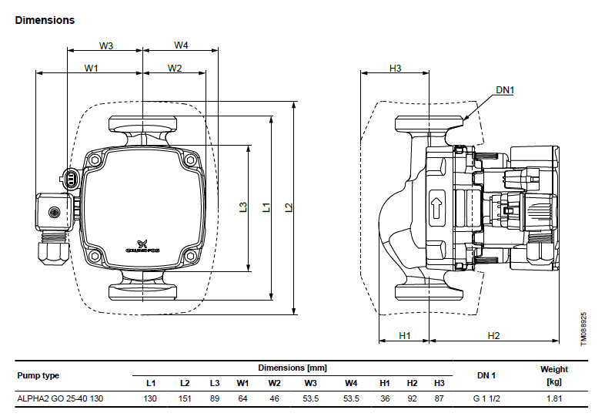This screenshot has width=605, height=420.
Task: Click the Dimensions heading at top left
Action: click(45, 20)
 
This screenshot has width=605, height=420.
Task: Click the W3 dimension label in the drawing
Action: click(106, 45)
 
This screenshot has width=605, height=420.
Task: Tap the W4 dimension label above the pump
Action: click(181, 45)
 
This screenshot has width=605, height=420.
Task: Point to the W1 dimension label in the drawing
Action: click(92, 69)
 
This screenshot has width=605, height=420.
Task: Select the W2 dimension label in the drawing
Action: click(175, 69)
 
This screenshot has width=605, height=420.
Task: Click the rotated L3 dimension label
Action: click(242, 207)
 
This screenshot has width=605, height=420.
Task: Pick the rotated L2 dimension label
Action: click(289, 207)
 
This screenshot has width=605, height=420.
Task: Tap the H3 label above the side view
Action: click(395, 69)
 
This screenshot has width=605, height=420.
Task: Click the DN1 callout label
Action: click(505, 90)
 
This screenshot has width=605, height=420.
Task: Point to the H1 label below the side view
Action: click(404, 336)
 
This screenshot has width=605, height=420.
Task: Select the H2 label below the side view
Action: click(493, 336)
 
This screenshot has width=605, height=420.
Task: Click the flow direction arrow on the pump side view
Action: click(436, 208)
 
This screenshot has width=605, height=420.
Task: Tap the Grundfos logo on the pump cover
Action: click(142, 247)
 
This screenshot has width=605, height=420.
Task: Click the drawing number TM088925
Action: click(583, 329)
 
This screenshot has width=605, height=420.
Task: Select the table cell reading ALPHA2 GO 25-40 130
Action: click(60, 398)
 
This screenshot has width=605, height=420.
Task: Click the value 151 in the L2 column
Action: click(185, 398)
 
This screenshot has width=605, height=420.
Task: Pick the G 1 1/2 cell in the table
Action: click(486, 398)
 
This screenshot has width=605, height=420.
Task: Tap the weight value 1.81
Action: click(554, 398)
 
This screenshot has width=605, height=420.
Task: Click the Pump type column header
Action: click(38, 375)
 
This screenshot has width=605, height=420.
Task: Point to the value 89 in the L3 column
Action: click(215, 398)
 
